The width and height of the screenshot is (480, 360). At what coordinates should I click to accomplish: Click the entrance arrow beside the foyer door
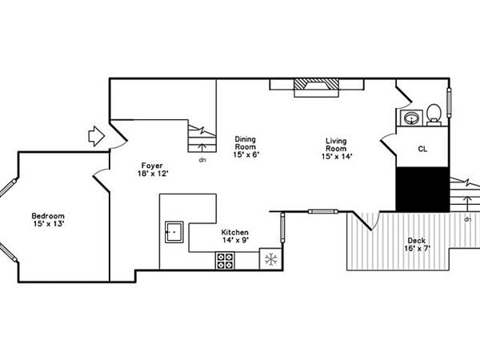point(97,136)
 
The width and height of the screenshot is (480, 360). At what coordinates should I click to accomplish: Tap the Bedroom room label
point(48,219)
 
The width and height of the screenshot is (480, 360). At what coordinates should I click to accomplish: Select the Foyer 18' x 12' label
point(153,170)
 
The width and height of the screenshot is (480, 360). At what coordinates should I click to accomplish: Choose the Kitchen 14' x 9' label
point(235,236)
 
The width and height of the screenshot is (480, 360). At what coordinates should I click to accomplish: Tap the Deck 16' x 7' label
point(417,244)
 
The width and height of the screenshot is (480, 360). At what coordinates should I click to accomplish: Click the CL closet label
point(422,149)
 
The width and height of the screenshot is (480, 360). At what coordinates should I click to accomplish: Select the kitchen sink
point(174,232)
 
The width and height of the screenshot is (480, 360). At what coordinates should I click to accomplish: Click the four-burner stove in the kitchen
point(226,261)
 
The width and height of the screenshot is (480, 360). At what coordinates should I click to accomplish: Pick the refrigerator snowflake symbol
point(271,259)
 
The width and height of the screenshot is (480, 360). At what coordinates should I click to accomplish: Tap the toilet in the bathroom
point(434,114)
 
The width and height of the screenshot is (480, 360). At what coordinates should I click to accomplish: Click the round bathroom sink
point(411,118)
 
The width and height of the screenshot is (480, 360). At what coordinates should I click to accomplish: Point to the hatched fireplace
point(317,87)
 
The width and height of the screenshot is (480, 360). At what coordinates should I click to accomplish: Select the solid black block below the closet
point(422,189)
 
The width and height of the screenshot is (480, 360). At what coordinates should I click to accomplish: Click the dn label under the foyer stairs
point(202,160)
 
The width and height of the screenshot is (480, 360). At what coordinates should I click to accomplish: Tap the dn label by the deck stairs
point(467,219)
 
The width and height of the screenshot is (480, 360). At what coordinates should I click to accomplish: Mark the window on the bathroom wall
point(450,102)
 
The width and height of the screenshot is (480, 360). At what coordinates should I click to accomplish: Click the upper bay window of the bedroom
point(8,188)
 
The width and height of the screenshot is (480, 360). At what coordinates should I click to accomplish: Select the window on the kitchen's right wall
point(282,228)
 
